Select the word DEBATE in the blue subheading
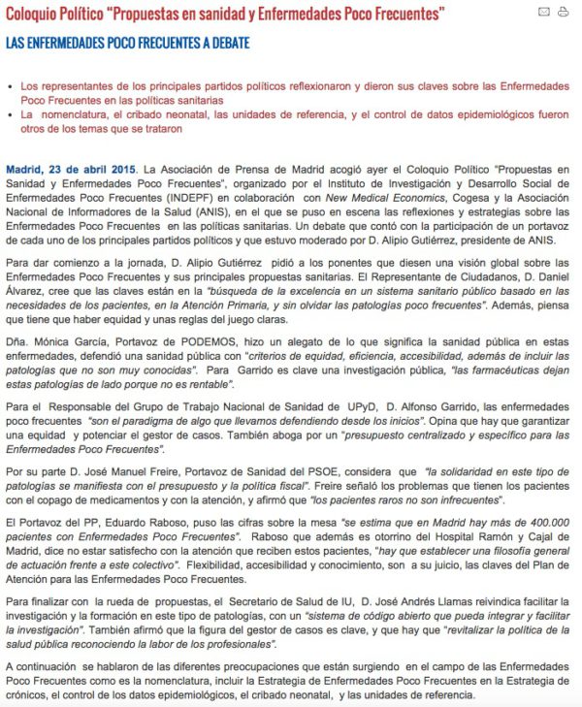pyautogui.click(x=229, y=44)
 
